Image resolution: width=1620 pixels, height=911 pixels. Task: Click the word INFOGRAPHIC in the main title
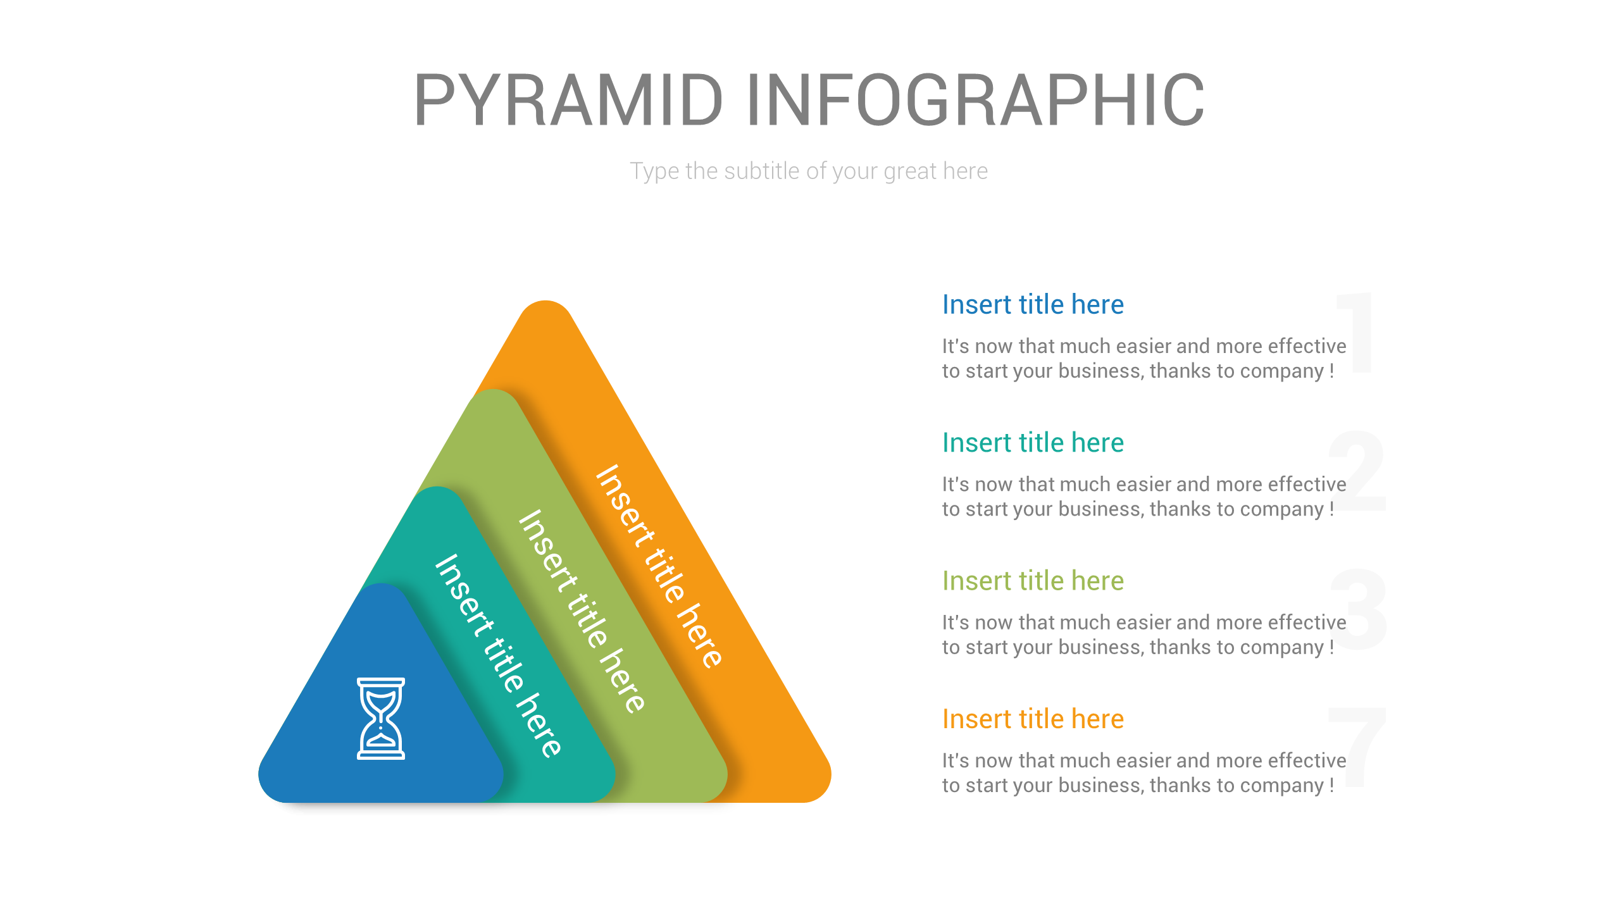pyautogui.click(x=975, y=100)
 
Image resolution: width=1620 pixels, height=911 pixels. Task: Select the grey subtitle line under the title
pyautogui.click(x=809, y=171)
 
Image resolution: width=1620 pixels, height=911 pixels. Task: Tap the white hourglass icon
pyautogui.click(x=380, y=718)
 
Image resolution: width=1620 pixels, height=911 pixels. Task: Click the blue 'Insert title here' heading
pyautogui.click(x=1033, y=305)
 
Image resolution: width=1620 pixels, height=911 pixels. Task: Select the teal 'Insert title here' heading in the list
pyautogui.click(x=1033, y=443)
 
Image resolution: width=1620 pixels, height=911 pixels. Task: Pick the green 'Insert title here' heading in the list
pyautogui.click(x=1033, y=581)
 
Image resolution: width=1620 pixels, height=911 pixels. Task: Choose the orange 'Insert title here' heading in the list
pyautogui.click(x=1033, y=719)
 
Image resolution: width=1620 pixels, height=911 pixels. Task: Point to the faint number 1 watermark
pyautogui.click(x=1357, y=332)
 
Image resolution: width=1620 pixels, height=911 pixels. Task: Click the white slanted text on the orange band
pyautogui.click(x=658, y=566)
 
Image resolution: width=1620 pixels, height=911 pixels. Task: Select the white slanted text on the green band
pyautogui.click(x=581, y=611)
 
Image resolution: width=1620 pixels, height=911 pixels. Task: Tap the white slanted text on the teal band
pyautogui.click(x=497, y=655)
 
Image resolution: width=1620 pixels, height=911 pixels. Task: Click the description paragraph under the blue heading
pyautogui.click(x=1143, y=358)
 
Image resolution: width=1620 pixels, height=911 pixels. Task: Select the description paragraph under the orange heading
pyautogui.click(x=1143, y=772)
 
